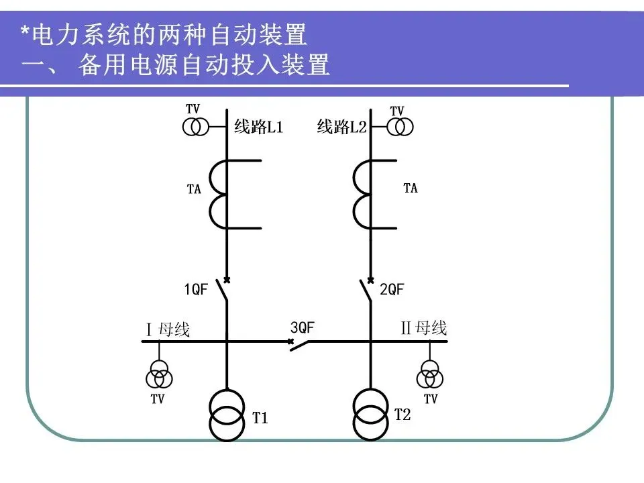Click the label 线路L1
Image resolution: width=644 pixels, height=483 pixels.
coord(258,127)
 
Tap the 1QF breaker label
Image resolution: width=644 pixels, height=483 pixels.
coord(196,290)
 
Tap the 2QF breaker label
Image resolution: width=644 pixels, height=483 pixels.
coord(392,290)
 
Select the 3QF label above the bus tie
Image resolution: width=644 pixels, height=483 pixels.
coord(303,327)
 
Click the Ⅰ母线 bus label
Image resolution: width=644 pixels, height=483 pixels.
coord(168,329)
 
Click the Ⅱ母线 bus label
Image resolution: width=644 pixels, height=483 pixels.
coord(423,328)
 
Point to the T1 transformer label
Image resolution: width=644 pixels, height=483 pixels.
coord(260,419)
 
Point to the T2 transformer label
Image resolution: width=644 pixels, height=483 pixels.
coord(402,415)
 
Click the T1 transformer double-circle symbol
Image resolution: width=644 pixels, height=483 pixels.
coord(227,415)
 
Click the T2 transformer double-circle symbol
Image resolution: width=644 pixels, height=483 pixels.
coord(370,414)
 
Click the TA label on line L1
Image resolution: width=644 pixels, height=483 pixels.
coord(194,190)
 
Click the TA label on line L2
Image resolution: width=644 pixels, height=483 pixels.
coord(411,189)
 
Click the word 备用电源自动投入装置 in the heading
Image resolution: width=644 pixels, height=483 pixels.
coord(204,66)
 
